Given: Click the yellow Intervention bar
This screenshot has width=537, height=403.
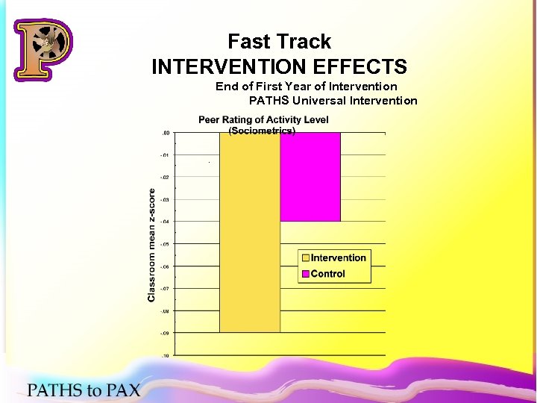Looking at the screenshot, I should click(x=249, y=231).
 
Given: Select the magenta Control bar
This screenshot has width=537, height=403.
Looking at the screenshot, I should click(x=310, y=177).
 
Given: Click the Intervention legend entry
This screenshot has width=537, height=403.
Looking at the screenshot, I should click(x=338, y=258).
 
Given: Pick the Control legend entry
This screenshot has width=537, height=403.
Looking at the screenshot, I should click(x=327, y=274).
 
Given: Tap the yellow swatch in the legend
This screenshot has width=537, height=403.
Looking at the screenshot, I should click(x=305, y=258).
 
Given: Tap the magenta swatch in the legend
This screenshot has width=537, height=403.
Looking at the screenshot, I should click(x=305, y=274).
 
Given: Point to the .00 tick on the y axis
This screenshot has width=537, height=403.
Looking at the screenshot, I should click(x=166, y=133).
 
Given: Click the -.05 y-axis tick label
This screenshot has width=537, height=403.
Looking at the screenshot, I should click(x=166, y=244).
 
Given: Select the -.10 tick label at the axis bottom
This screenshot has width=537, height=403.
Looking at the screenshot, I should click(x=166, y=356).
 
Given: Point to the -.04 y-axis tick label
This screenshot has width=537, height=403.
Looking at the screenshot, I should click(x=166, y=222).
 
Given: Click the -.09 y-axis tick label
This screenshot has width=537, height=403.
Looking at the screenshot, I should click(x=166, y=334).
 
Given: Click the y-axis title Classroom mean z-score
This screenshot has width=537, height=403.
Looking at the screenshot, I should click(x=151, y=245).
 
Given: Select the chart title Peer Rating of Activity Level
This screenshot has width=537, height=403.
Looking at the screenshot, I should click(x=263, y=120).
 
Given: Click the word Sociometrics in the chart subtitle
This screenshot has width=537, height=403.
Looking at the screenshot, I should click(x=262, y=131).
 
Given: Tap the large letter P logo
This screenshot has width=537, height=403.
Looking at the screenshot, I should click(x=43, y=51).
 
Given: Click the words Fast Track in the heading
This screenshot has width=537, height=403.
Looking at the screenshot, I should click(x=279, y=42).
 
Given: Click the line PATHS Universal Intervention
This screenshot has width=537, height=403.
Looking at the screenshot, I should click(x=333, y=100).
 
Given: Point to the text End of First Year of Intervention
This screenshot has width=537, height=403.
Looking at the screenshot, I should click(x=306, y=87).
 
